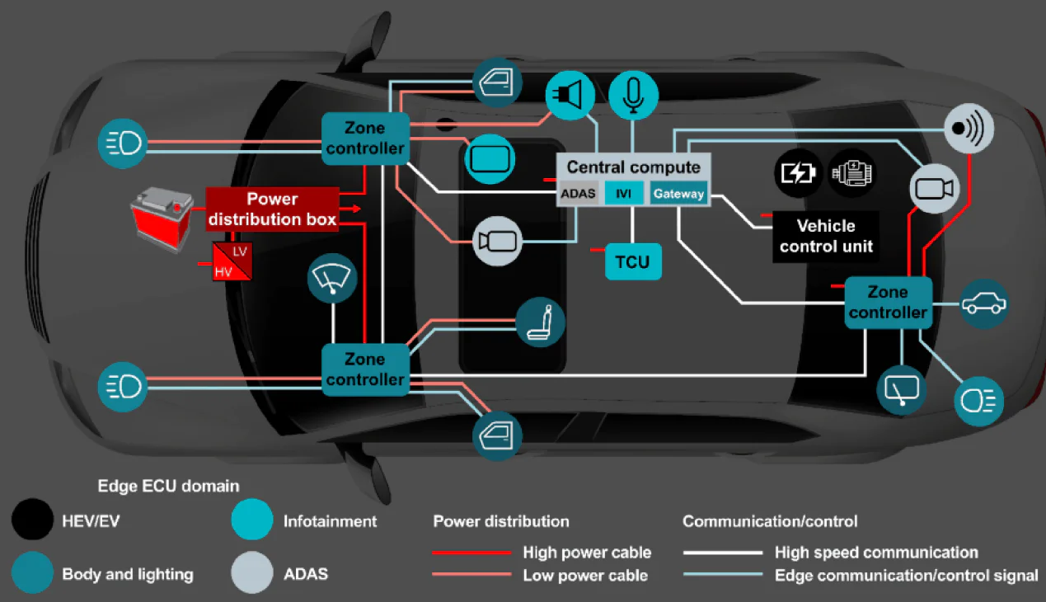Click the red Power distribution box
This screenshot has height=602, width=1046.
coord(272,209)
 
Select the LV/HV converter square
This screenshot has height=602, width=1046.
coord(232,261)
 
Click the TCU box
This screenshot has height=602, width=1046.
coord(633,262)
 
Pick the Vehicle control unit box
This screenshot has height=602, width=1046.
coord(825,236)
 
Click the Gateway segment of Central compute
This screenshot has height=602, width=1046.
coord(678,194)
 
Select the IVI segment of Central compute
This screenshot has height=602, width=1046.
coord(624,194)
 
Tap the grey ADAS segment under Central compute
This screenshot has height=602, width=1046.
coord(579,194)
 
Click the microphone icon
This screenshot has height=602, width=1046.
coord(633,95)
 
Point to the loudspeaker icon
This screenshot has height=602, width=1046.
coord(570,95)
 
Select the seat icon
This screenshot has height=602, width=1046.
coord(541,322)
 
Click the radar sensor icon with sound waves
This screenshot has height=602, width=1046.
coord(969,129)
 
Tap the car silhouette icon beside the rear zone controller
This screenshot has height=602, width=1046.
coord(985,303)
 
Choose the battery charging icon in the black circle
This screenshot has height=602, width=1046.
coord(798,174)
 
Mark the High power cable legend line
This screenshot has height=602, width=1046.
coord(471,553)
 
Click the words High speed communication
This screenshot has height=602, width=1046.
coord(875,553)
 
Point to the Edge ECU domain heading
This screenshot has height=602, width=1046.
coord(168,486)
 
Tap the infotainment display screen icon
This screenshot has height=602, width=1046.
coord(490,158)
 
